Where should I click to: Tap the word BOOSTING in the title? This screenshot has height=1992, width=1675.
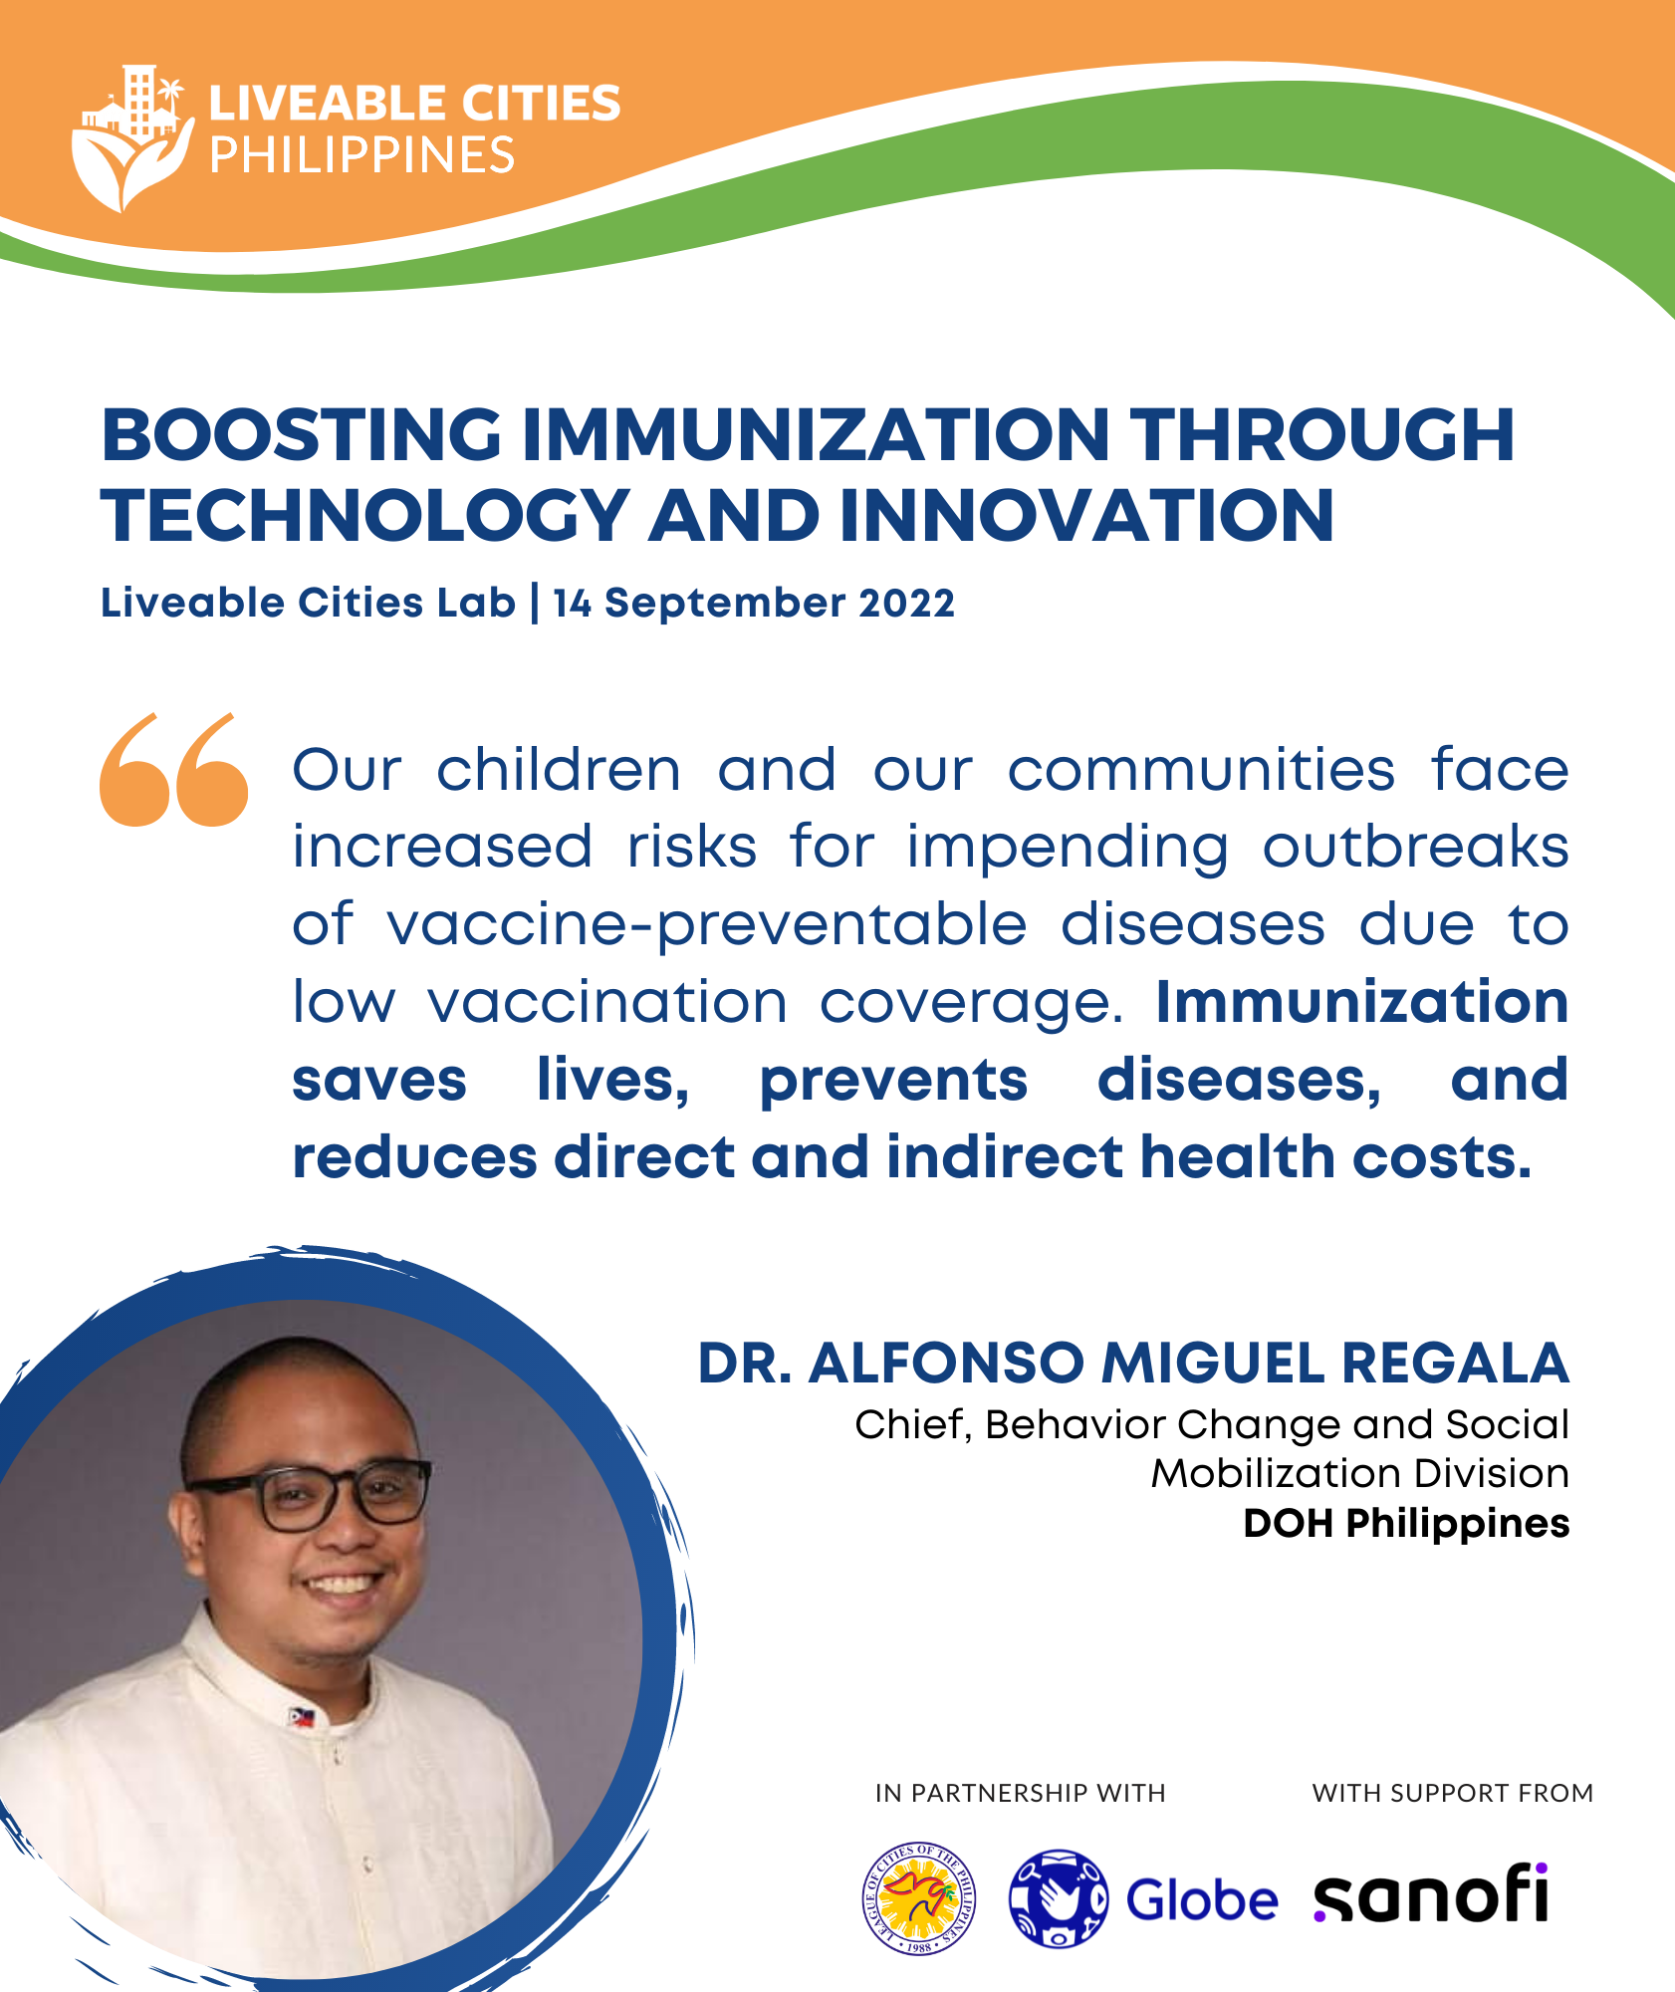click(302, 434)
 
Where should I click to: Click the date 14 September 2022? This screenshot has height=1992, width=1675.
click(754, 603)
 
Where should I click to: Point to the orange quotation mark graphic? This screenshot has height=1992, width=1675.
click(174, 769)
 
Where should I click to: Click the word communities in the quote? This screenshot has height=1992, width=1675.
click(1201, 770)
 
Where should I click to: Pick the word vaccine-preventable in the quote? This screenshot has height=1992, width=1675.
click(706, 926)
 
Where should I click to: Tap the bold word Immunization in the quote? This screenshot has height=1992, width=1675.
click(1361, 1001)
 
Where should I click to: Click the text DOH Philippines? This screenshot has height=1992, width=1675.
click(1406, 1524)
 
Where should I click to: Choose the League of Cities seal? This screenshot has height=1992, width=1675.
click(918, 1897)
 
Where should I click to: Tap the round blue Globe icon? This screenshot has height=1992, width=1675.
click(1058, 1897)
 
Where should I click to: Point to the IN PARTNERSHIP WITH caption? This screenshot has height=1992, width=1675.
click(1020, 1793)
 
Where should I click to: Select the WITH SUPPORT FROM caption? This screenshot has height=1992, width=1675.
click(1452, 1793)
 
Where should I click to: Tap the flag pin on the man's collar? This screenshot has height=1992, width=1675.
click(302, 1717)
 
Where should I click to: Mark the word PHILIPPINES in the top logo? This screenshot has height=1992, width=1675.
click(361, 155)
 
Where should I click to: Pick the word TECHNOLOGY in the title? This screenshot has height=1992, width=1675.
click(365, 516)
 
